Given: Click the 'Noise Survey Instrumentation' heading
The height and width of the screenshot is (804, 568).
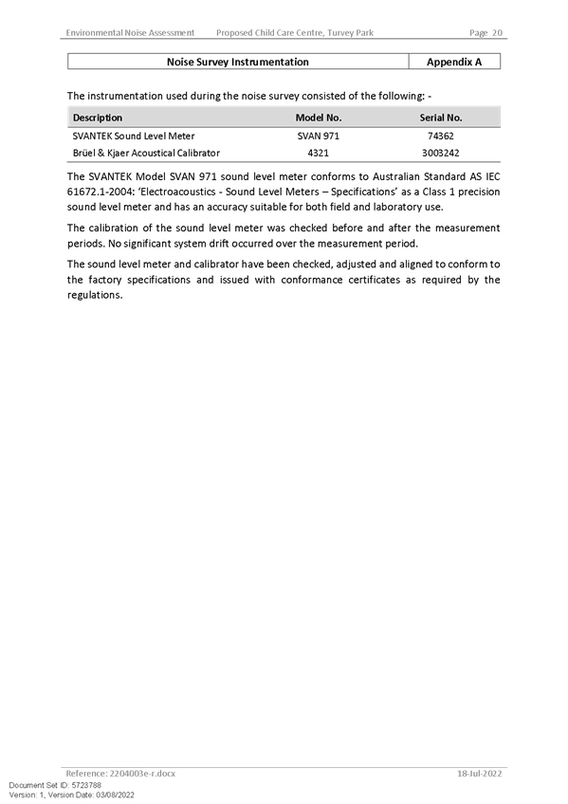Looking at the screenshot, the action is click(x=237, y=62).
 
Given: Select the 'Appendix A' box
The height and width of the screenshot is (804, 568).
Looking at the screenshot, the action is click(x=454, y=62).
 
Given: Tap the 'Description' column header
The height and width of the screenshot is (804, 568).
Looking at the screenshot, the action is click(x=98, y=118).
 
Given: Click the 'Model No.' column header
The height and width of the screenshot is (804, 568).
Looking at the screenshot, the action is click(x=319, y=118).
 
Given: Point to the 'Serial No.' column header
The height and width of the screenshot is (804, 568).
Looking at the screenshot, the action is click(x=441, y=118).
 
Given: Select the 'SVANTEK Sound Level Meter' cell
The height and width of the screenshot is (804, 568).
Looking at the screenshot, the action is click(x=134, y=136).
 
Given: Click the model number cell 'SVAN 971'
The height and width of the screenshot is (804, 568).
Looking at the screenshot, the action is click(x=319, y=136).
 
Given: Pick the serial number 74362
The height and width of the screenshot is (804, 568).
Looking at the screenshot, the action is click(x=441, y=136).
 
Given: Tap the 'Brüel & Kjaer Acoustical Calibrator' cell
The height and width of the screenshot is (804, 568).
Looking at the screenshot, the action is click(x=146, y=153).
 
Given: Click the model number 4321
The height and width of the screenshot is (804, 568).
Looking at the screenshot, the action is click(x=319, y=153).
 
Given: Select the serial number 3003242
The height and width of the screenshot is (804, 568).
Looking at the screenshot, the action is click(x=441, y=153).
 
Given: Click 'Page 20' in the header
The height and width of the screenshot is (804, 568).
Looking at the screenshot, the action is click(x=486, y=33).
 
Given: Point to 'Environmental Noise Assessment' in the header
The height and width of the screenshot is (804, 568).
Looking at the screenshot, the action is click(x=130, y=33).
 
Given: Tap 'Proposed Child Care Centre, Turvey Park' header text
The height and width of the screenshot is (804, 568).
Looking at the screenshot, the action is click(x=295, y=33).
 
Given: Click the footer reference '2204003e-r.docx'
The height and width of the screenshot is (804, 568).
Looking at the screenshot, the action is click(x=142, y=774).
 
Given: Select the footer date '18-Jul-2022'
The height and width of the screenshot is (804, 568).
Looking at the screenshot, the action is click(x=479, y=774).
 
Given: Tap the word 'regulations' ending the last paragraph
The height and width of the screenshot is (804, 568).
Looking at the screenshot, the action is click(x=94, y=296).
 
